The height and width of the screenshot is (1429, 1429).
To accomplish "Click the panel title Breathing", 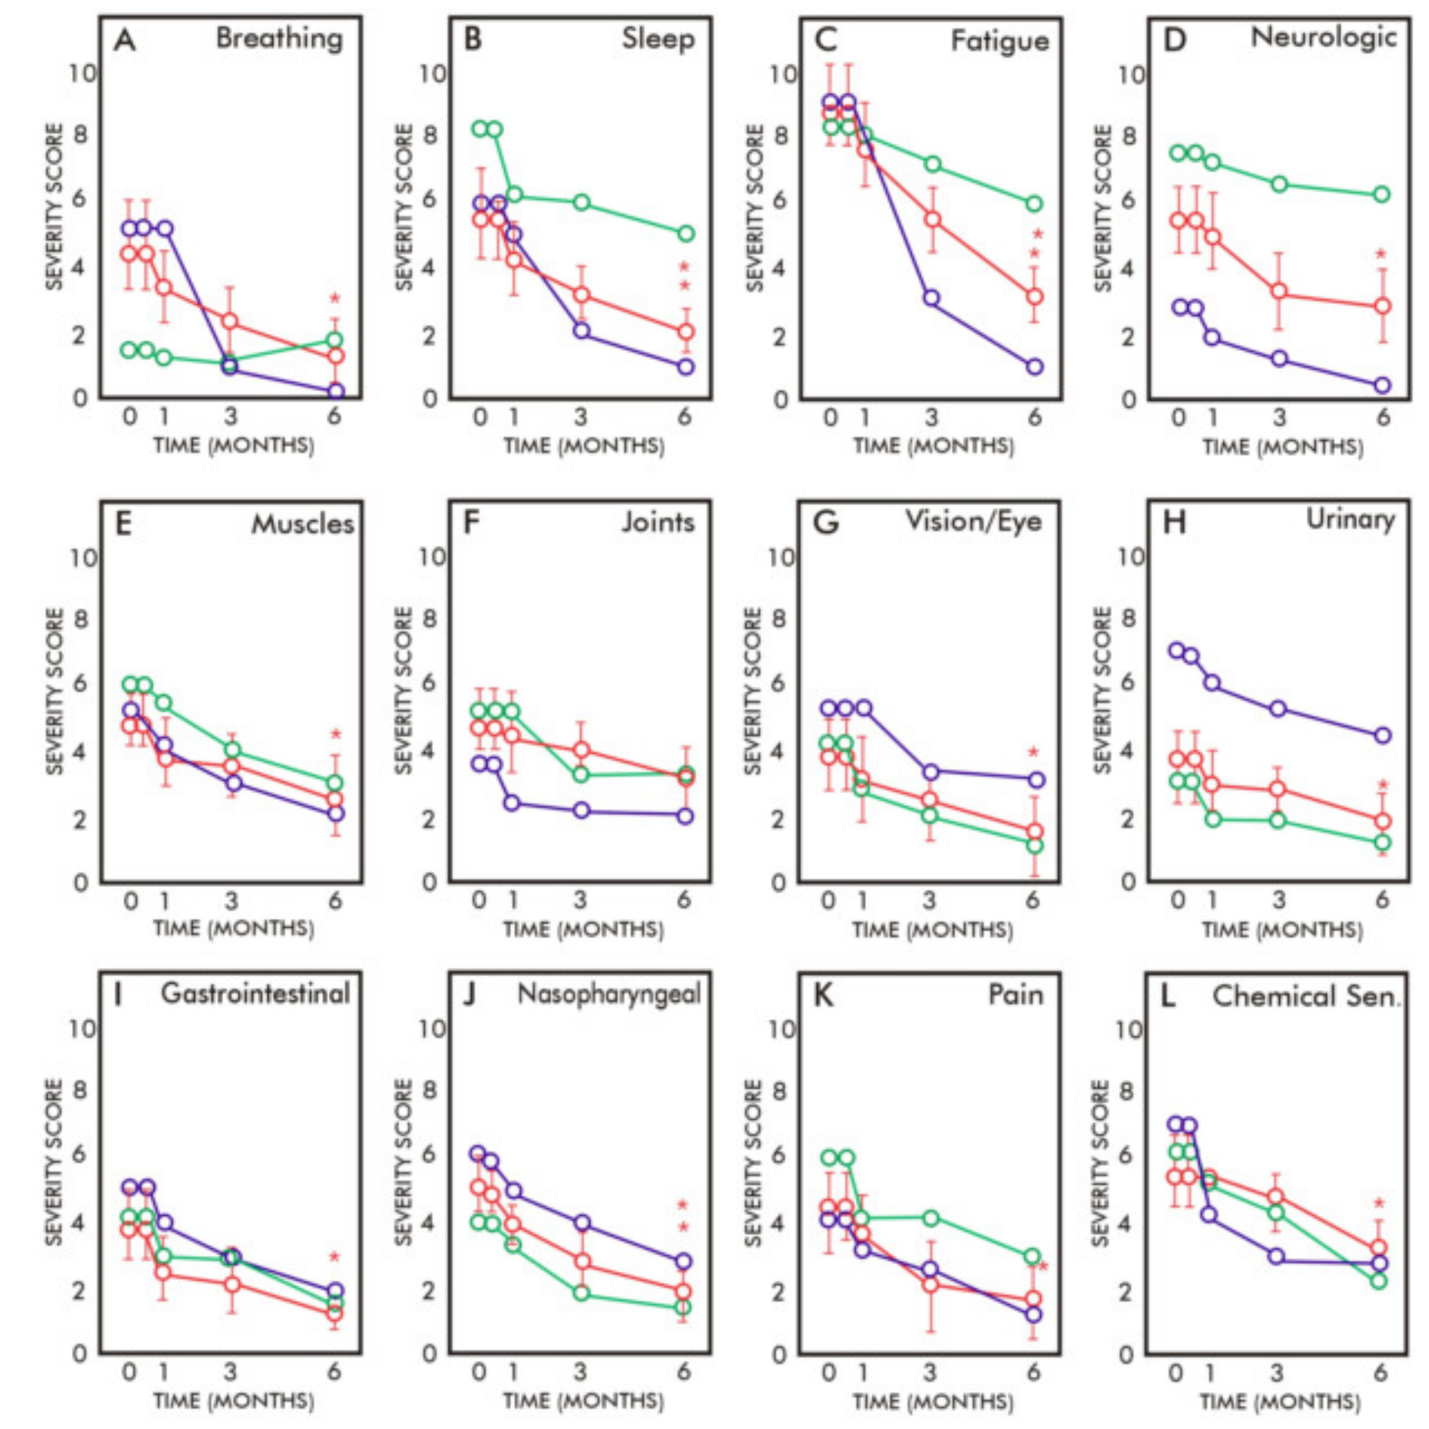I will [279, 38].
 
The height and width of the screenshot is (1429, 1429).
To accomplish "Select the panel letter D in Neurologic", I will [1175, 41].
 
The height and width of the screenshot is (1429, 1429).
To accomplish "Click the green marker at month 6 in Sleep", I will [686, 233].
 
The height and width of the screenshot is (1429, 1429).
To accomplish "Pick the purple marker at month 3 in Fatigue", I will [931, 298].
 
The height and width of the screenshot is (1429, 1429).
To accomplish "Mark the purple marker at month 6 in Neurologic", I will [1381, 385].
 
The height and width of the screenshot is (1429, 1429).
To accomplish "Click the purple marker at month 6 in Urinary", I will [1381, 735].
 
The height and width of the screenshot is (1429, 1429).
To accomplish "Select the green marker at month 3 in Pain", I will [931, 1218].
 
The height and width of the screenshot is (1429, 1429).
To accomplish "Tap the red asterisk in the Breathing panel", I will [335, 299].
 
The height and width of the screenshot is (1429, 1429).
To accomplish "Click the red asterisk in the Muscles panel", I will [335, 735].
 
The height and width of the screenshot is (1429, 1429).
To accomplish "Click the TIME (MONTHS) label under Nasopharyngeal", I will [584, 1401].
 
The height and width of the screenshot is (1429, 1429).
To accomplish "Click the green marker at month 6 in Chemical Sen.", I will [1378, 1281].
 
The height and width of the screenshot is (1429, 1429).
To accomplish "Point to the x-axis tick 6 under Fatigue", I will [1034, 418].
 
